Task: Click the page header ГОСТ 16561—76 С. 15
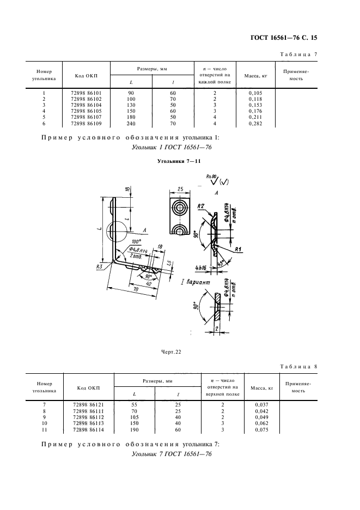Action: coord(286,38)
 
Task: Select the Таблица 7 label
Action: coord(298,55)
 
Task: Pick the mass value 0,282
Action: coord(254,124)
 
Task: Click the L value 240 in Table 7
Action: coord(131,124)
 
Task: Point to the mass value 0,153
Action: coord(254,105)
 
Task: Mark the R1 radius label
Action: coord(238,248)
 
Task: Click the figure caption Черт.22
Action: coord(172,351)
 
